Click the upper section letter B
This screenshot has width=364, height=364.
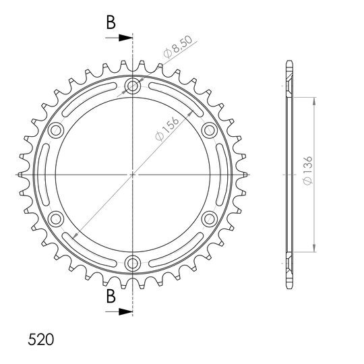[111, 22]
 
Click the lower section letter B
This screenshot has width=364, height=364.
[111, 296]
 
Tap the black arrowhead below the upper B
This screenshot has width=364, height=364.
[125, 38]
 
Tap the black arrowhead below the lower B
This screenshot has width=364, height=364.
[125, 311]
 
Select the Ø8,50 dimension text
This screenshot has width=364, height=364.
[178, 47]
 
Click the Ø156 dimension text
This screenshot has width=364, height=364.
[167, 129]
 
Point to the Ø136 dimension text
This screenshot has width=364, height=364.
[308, 171]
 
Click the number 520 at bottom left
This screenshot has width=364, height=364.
[41, 340]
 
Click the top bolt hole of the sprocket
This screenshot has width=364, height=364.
[133, 86]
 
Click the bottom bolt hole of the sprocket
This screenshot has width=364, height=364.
[133, 263]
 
